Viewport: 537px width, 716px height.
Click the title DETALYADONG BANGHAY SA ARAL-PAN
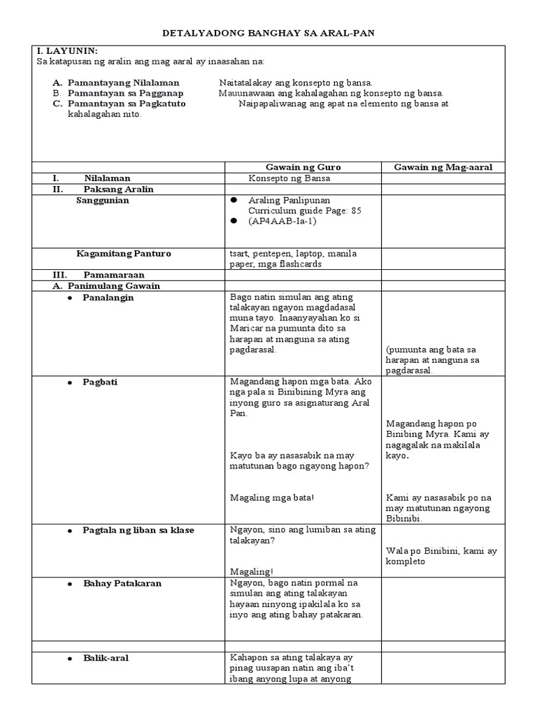(268, 34)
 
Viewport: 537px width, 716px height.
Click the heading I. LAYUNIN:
(66, 51)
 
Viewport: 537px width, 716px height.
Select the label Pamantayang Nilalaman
(123, 83)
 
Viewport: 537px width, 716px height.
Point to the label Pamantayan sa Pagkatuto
(127, 103)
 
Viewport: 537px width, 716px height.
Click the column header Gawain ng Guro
(303, 166)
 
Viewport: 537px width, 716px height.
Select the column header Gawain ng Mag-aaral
(443, 166)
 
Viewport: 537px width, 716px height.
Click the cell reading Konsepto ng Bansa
(289, 178)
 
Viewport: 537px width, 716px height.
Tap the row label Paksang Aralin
(118, 189)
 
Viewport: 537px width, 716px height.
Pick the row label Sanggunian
(103, 200)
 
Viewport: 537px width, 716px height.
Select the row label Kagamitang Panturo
(124, 253)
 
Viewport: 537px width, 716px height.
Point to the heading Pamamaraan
(113, 275)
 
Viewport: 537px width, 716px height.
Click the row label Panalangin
(108, 297)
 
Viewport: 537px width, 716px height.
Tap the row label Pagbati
(99, 382)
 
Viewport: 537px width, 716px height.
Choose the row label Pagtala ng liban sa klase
(138, 530)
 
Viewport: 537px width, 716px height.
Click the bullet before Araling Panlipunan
(236, 200)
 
